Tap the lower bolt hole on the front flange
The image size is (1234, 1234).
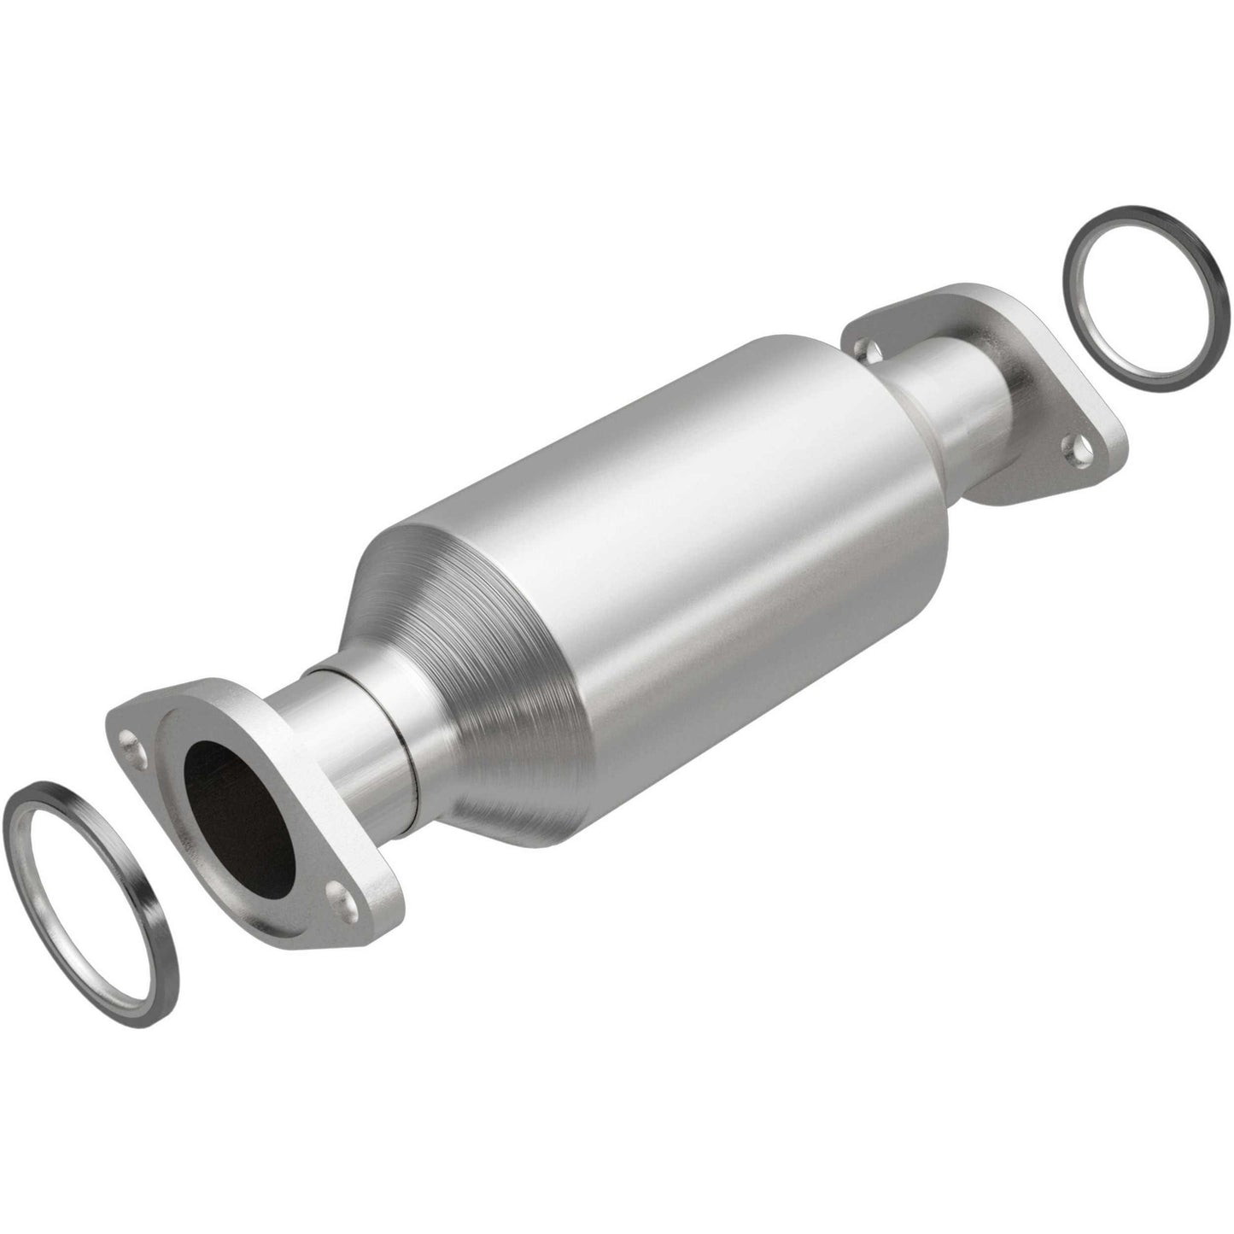point(340,895)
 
